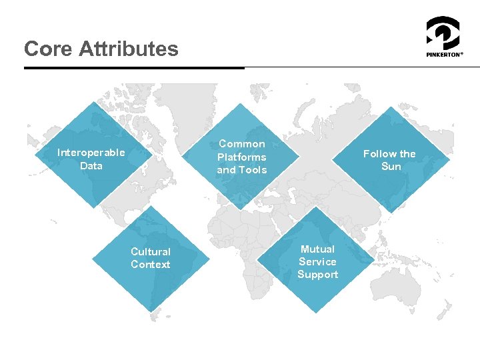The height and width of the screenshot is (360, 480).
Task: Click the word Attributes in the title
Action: click(128, 49)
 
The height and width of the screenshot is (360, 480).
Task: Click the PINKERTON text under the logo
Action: click(444, 55)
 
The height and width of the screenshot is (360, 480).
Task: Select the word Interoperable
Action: click(91, 153)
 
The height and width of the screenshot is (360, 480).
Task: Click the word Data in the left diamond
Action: click(91, 165)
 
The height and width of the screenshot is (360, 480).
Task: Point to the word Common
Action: click(241, 144)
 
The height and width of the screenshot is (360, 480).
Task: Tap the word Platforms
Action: click(241, 157)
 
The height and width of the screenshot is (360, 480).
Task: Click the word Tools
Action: click(253, 170)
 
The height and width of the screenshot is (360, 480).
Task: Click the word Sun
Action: click(391, 167)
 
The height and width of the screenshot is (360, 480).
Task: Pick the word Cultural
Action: click(151, 252)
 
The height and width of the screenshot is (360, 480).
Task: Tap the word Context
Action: click(151, 265)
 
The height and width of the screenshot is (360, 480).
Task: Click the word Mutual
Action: click(317, 249)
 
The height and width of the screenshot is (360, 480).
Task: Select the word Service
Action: click(317, 262)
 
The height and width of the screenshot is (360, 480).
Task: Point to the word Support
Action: click(317, 275)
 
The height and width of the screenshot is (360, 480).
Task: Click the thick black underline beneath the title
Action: click(133, 67)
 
